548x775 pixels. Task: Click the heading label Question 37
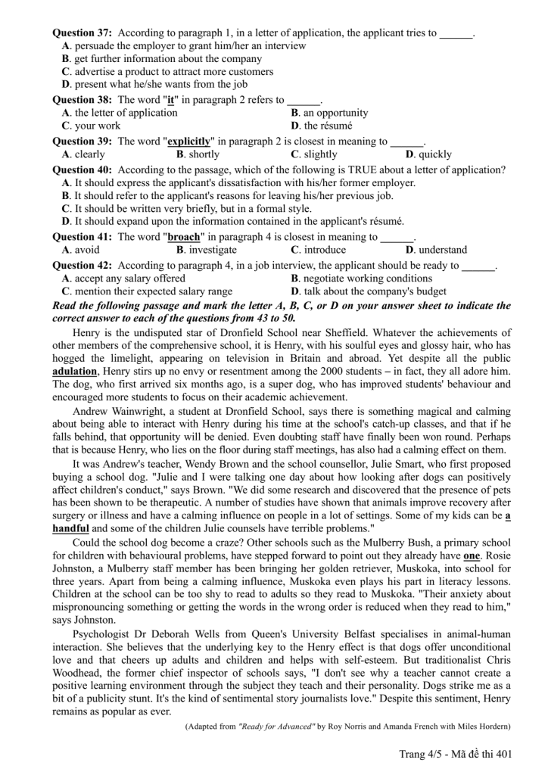[x=82, y=33]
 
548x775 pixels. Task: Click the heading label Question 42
[x=82, y=266]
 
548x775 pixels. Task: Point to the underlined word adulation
[x=76, y=372]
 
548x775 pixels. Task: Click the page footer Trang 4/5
[x=421, y=754]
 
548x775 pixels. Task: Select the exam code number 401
[x=503, y=754]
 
